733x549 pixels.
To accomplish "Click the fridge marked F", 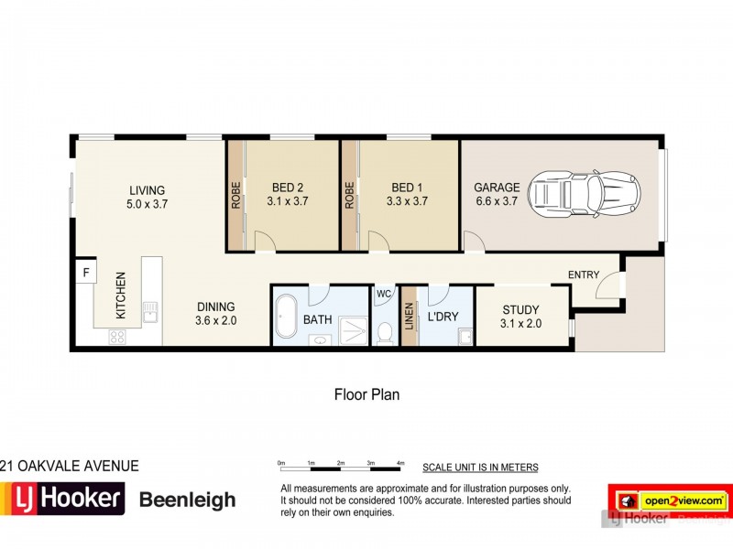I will (86, 272).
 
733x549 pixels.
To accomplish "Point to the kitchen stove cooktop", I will (117, 336).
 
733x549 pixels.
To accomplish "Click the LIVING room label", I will (147, 190).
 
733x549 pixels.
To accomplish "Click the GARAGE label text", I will (497, 188).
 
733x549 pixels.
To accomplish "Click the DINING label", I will (215, 307).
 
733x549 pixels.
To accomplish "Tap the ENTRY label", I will (584, 274).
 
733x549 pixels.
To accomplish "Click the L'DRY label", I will (442, 319).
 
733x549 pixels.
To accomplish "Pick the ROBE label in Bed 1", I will (349, 195).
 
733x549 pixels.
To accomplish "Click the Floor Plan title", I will (366, 395).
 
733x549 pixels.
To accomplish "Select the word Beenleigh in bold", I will (187, 500).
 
